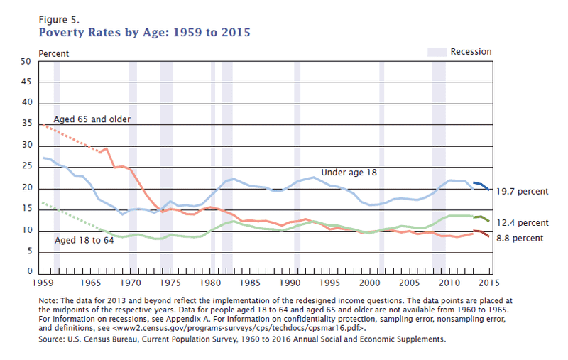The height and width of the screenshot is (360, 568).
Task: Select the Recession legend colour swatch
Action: click(436, 52)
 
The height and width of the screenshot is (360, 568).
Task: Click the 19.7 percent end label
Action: click(521, 191)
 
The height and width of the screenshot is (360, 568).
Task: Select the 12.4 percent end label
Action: click(521, 223)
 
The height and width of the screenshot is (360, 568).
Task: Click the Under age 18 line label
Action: click(349, 172)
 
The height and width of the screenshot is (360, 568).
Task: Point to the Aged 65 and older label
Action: click(92, 119)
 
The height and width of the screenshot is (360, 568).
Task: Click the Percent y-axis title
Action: click(53, 53)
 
